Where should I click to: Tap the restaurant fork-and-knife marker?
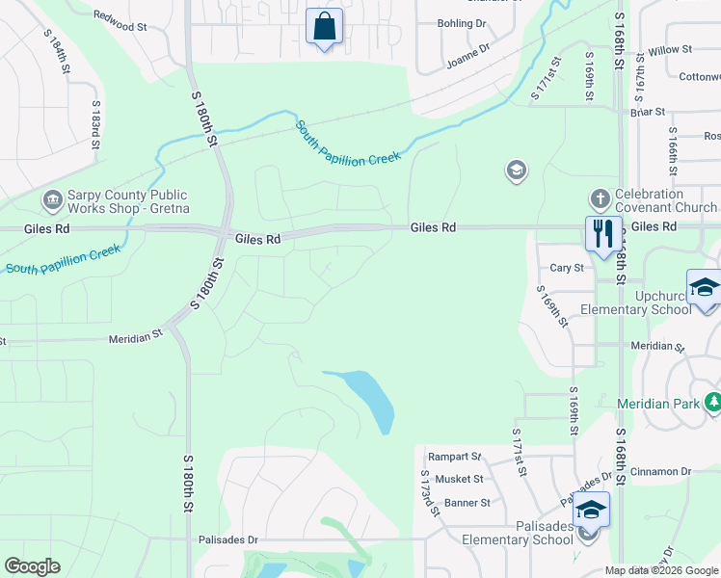click(603, 234)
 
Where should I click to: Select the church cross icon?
click(601, 199)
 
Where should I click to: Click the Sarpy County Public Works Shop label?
click(128, 201)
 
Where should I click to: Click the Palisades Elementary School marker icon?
click(591, 511)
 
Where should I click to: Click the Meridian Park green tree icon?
click(712, 402)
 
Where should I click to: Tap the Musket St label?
click(460, 479)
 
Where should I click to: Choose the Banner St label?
click(467, 502)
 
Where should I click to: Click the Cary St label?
click(567, 268)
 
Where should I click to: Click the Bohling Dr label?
click(462, 22)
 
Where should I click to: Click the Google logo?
click(32, 566)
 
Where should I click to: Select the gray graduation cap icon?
click(517, 171)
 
